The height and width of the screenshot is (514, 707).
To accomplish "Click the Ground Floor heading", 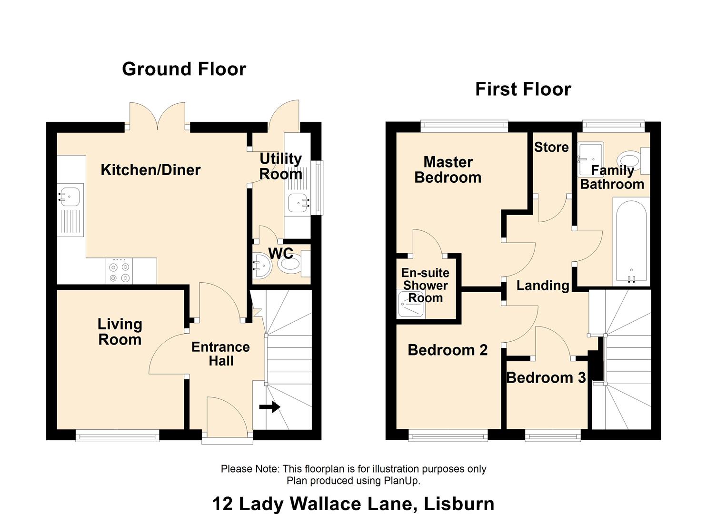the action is click(x=184, y=69).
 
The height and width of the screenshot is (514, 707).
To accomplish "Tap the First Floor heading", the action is click(x=523, y=89).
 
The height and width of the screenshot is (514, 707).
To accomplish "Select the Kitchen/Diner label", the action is click(x=150, y=170).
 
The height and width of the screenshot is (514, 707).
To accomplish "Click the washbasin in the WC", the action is click(x=261, y=266).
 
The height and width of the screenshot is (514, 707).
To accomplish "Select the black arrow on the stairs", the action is click(x=269, y=407).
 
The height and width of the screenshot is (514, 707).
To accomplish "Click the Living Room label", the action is click(x=120, y=332).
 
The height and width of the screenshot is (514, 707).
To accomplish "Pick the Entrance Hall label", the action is click(x=220, y=354).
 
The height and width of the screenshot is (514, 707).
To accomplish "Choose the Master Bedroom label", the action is click(x=448, y=170).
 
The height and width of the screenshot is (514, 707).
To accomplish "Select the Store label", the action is click(x=551, y=147).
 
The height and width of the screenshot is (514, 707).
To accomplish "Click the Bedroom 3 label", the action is click(x=547, y=378).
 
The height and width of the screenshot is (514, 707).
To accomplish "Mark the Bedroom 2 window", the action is click(x=448, y=435).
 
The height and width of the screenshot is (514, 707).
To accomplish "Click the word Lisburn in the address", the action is click(x=459, y=504).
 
